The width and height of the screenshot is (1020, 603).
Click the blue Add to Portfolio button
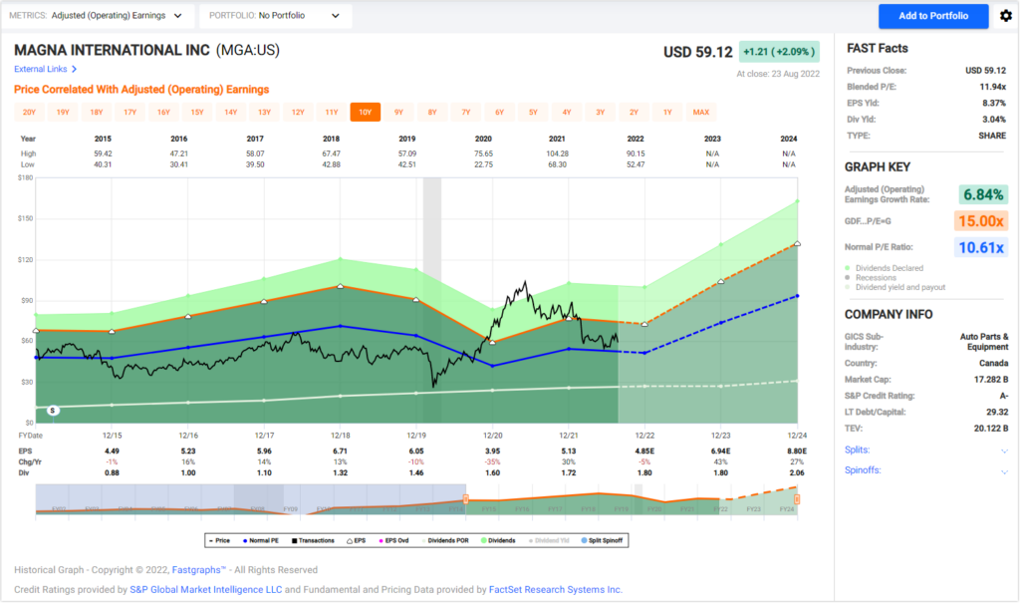click(x=933, y=16)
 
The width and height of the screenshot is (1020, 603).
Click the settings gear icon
click(x=1005, y=16)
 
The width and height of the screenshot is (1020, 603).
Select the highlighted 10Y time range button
click(x=365, y=112)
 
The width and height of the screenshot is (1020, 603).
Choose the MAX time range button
click(x=701, y=112)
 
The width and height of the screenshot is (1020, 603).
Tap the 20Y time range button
click(x=30, y=112)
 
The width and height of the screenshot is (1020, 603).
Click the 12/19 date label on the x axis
click(x=416, y=436)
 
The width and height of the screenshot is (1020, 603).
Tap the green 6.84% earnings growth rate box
click(x=981, y=194)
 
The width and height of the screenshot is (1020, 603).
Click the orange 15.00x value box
click(x=981, y=221)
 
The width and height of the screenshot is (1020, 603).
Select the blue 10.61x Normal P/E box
click(x=981, y=247)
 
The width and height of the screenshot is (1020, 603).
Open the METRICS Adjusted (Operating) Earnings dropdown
click(x=101, y=16)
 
